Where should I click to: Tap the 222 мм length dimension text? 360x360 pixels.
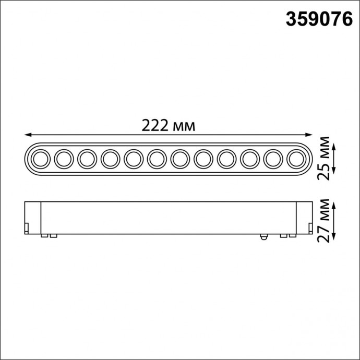pos(168,126)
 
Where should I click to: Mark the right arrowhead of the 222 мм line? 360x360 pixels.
pos(308,134)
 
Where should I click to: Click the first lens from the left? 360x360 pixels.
pos(40,158)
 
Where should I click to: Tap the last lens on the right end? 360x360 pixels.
pos(295,158)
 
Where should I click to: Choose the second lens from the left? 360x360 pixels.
pos(63,158)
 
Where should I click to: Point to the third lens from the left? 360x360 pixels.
pos(87,158)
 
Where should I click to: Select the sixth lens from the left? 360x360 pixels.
pos(156,158)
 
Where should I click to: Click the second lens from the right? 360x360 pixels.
pos(272,158)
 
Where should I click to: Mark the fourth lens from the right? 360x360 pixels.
pos(226,158)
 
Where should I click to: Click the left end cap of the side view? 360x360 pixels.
pos(33,218)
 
